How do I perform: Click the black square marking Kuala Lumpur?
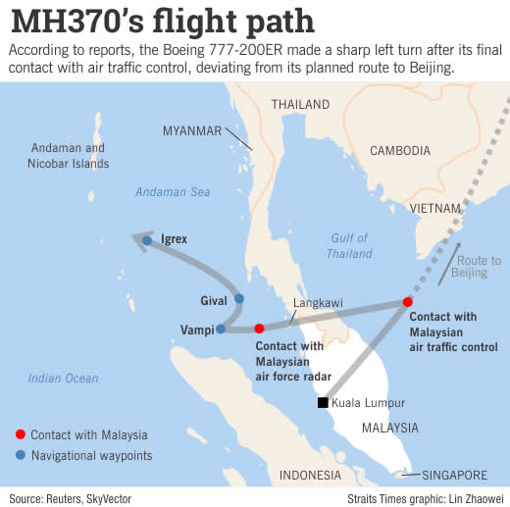coord(322,402)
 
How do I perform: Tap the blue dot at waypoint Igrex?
coord(147,239)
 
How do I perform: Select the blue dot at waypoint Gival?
coord(238,299)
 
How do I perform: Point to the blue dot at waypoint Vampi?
coord(222,329)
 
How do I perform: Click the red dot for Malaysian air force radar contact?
coord(259,329)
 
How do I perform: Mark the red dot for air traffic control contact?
coord(407,303)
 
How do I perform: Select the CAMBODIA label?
coord(399,150)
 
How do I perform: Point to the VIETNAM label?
coord(435,209)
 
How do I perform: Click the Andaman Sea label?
coord(173,192)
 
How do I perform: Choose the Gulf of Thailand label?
coord(349,245)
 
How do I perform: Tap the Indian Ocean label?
coord(64,379)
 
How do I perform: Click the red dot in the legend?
coord(20,434)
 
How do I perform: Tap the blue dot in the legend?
coord(20,454)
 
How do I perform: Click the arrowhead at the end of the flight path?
coord(140,239)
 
